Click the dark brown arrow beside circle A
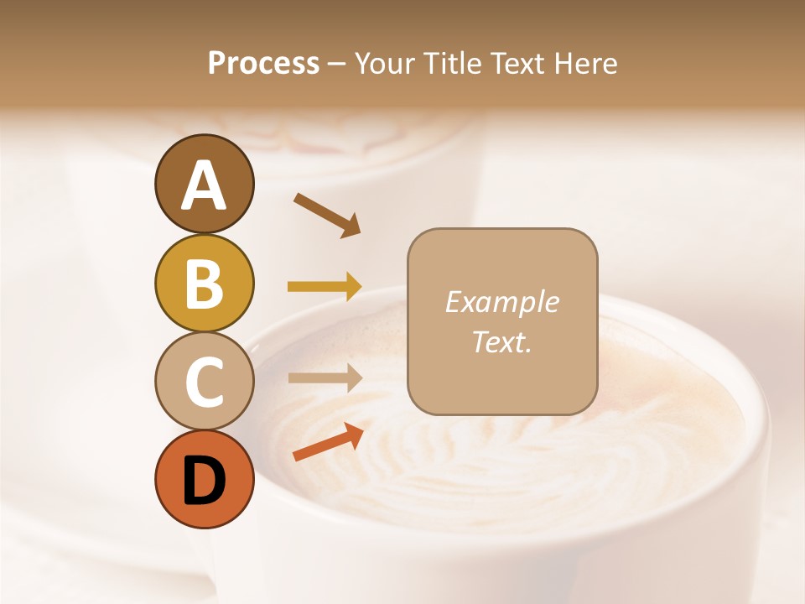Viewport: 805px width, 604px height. tap(326, 215)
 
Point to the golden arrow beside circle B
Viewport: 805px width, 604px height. tap(325, 287)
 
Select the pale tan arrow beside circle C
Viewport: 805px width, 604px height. tap(325, 377)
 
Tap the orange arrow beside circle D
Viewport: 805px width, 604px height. tap(328, 442)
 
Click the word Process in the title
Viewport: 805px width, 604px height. tap(263, 64)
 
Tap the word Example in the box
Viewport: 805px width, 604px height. tap(501, 302)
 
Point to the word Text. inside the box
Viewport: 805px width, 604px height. tap(501, 341)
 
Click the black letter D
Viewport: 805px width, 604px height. tap(204, 481)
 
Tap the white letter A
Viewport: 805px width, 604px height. tap(204, 185)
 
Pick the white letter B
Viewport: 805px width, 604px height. tap(204, 284)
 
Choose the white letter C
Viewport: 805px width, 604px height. tap(204, 383)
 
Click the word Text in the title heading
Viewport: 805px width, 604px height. tap(524, 64)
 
